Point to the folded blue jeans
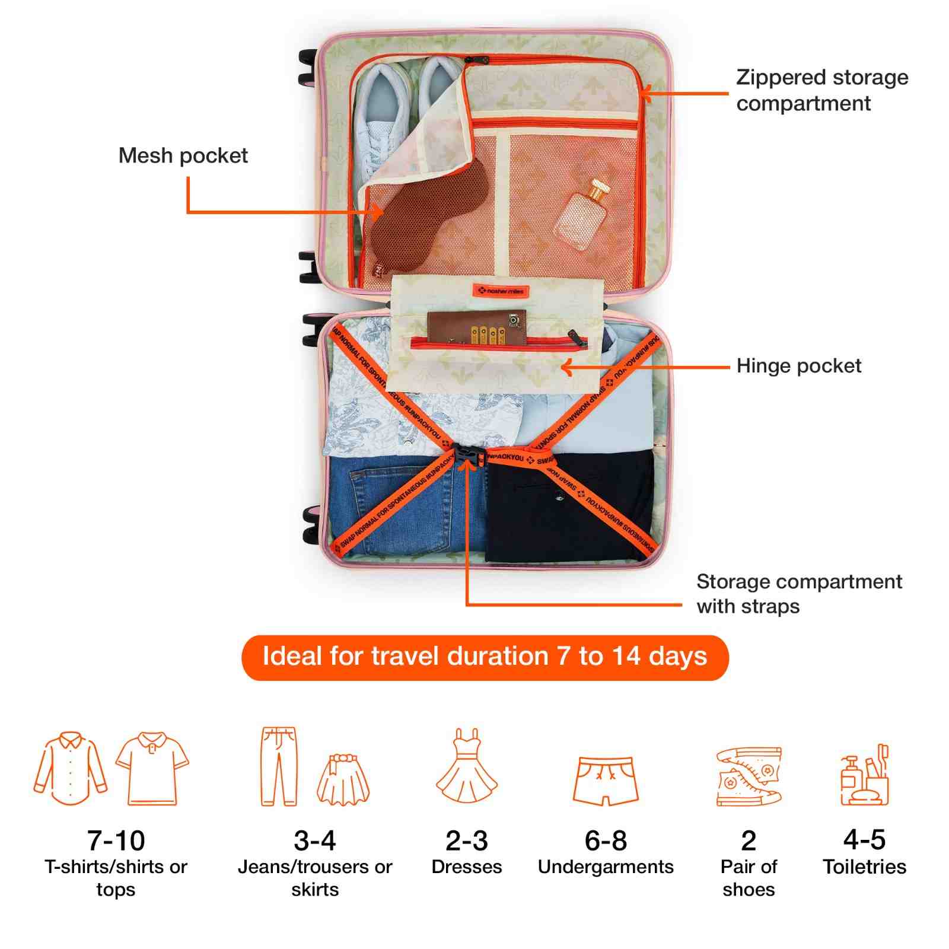[x=403, y=504]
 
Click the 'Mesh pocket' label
[x=183, y=155]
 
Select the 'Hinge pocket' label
[x=798, y=366]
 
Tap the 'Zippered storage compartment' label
[x=821, y=90]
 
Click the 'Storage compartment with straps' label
[x=798, y=594]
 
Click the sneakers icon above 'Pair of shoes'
[x=749, y=776]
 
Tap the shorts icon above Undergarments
[x=606, y=780]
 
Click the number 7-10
[x=116, y=840]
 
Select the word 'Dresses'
[x=467, y=867]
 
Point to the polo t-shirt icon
[x=152, y=769]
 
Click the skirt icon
[x=343, y=780]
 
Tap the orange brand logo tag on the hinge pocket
[x=501, y=291]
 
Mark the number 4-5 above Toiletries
[x=864, y=840]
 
